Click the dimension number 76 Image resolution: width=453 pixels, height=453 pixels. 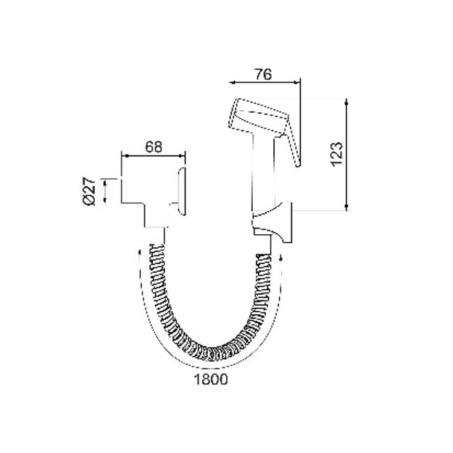click(x=263, y=75)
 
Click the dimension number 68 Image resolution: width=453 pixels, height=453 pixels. click(x=154, y=147)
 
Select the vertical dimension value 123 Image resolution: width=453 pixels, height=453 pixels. click(x=337, y=154)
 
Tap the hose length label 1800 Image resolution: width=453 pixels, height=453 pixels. click(x=211, y=379)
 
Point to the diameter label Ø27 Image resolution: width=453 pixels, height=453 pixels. click(x=89, y=191)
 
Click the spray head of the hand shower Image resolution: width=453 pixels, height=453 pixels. click(x=258, y=117)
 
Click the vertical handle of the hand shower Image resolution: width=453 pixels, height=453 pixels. click(x=263, y=174)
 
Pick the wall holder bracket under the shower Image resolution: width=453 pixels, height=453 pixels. click(x=272, y=222)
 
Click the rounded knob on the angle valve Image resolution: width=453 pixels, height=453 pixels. click(x=181, y=191)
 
